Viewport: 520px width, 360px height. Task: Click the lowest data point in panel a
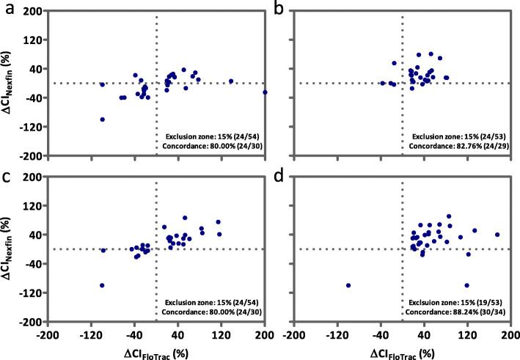pos(103,119)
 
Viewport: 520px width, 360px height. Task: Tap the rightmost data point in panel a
pos(265,92)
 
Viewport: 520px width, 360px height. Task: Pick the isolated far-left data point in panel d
pos(348,285)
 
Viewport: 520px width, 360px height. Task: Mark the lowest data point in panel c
pos(102,285)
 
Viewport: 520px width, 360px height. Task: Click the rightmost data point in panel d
pos(497,235)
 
